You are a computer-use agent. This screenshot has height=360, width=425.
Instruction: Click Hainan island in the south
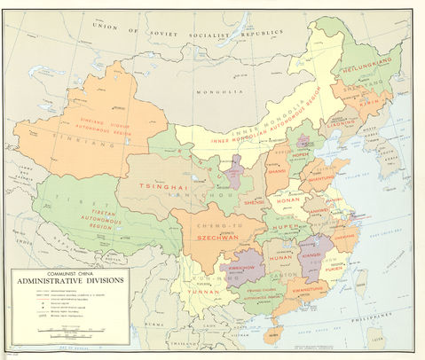click(277, 332)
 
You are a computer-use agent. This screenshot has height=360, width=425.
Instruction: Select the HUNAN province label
click(280, 257)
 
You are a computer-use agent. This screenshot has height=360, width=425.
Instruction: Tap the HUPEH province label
click(287, 227)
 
